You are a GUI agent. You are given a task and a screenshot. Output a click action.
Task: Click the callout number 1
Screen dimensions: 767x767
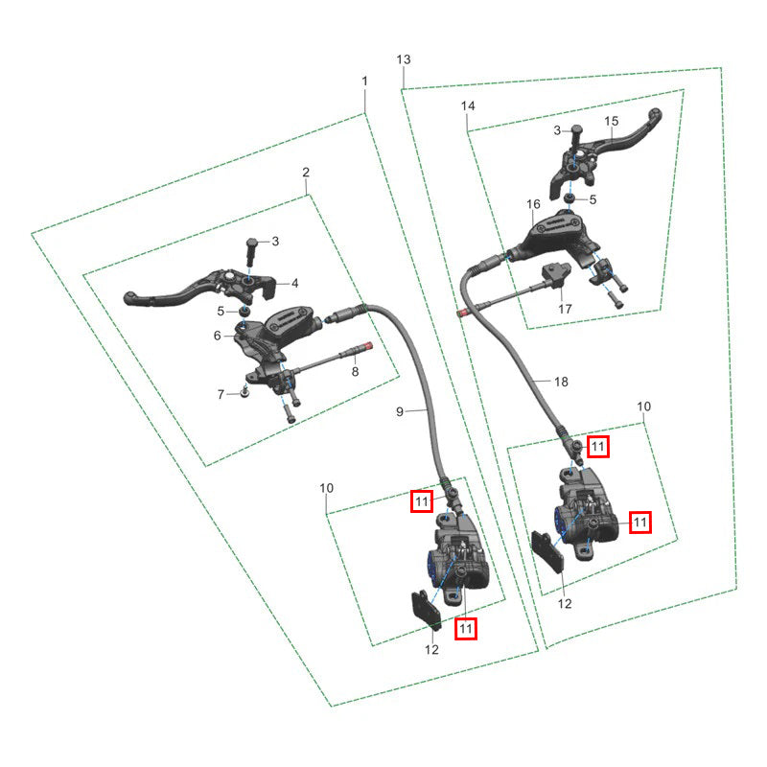tap(364, 81)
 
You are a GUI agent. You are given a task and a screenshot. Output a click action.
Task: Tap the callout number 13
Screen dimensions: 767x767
tap(404, 59)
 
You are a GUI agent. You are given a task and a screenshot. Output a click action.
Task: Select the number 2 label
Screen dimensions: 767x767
tap(306, 173)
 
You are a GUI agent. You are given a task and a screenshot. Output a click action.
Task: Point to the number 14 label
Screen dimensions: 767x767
tap(468, 105)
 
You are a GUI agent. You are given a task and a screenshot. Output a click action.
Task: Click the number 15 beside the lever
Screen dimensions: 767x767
tap(612, 122)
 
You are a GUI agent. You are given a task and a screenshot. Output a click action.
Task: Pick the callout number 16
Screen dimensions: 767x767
tap(534, 204)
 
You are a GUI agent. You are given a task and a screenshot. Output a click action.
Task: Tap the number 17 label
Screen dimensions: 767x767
tap(565, 309)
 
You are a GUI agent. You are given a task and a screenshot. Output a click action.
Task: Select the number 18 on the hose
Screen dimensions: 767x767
tap(561, 382)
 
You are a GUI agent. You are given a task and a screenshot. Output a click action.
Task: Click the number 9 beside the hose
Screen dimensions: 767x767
tap(400, 412)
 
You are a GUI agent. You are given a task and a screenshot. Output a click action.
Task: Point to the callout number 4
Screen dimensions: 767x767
tap(295, 283)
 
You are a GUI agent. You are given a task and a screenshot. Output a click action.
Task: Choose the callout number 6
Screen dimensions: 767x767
tap(218, 336)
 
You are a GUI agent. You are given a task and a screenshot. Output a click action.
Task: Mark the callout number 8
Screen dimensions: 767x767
tap(355, 372)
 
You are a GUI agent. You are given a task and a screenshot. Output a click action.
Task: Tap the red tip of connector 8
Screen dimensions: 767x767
tap(370, 345)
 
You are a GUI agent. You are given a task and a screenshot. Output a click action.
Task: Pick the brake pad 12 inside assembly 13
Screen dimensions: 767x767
tap(547, 550)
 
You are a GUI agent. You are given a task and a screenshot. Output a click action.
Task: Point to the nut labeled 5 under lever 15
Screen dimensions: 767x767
tap(569, 198)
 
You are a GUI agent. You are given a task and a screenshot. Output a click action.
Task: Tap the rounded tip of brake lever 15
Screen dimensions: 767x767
tap(655, 115)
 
